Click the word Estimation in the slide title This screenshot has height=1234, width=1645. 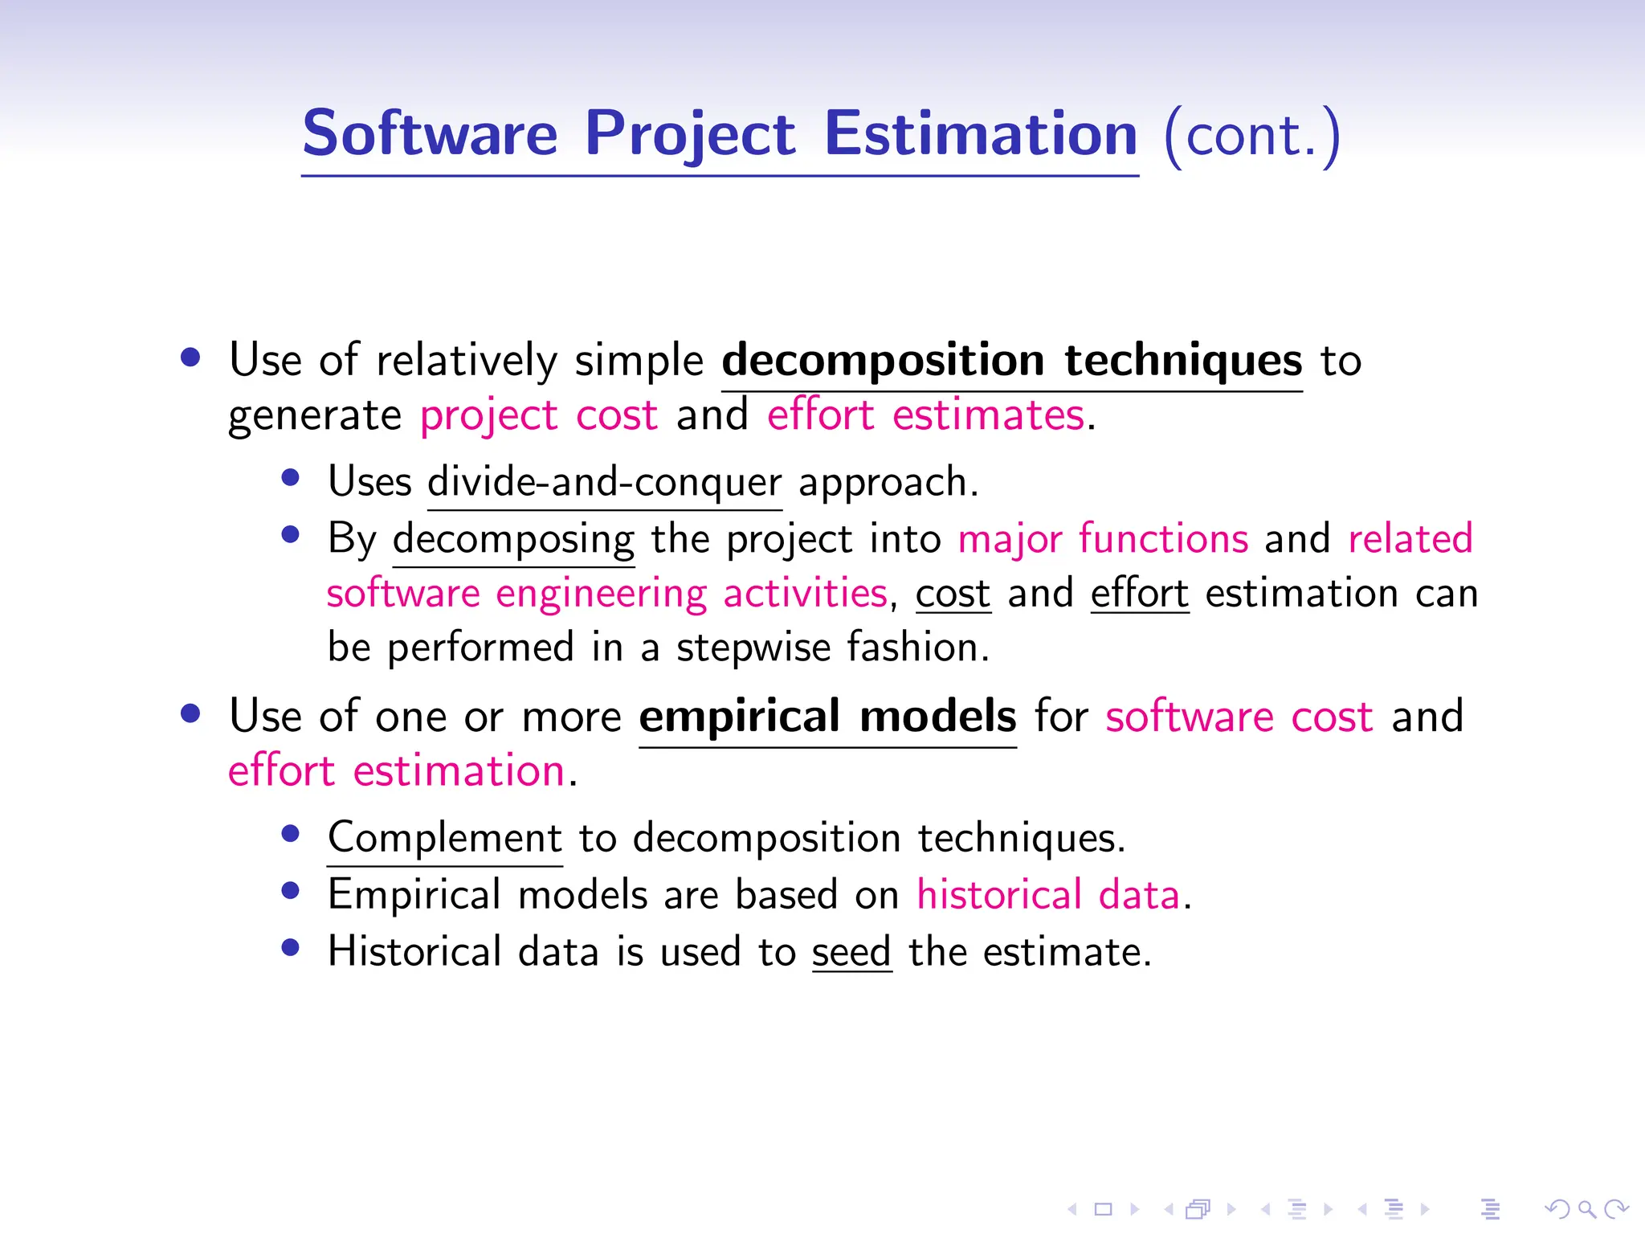pos(981,134)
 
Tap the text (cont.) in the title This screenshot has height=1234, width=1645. pos(1251,136)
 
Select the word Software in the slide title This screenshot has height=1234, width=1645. pos(430,134)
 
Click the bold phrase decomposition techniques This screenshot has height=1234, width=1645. pos(1011,360)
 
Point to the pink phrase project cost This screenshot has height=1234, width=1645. pos(539,416)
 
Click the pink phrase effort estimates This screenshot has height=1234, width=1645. pos(926,416)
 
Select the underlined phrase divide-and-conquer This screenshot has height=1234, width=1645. pos(604,482)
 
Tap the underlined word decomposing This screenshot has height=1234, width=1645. pos(513,539)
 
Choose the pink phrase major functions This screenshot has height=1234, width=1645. pos(1103,538)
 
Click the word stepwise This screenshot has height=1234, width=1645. pos(753,648)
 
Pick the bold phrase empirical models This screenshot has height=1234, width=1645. pos(827,716)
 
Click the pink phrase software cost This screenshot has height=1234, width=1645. pos(1239,716)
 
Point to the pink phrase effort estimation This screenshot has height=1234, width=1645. pos(397,771)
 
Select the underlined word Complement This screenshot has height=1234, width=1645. pos(445,838)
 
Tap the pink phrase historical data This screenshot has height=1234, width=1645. pos(1048,895)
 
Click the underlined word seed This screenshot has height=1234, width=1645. pos(851,952)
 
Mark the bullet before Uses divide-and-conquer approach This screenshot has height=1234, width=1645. pos(291,479)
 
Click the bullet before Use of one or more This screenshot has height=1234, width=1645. pos(190,713)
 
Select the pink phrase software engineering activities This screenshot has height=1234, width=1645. pos(607,594)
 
